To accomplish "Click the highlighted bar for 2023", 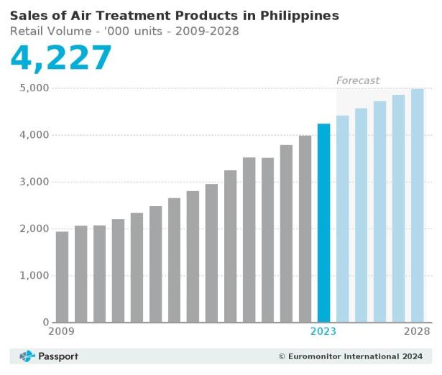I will (323, 223).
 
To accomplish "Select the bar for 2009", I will (63, 277).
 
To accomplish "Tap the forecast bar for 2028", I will (417, 205).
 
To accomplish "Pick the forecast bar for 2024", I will (342, 219).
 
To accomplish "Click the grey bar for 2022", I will (305, 229).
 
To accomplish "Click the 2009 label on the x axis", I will (62, 332).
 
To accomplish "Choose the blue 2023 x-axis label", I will (323, 332).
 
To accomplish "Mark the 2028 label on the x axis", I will (417, 332).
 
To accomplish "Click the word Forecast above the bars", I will (358, 80).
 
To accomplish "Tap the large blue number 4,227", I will (61, 57).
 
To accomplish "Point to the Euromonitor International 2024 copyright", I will (350, 356).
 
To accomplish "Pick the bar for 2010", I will (81, 274).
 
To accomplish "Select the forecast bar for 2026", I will (379, 212).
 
